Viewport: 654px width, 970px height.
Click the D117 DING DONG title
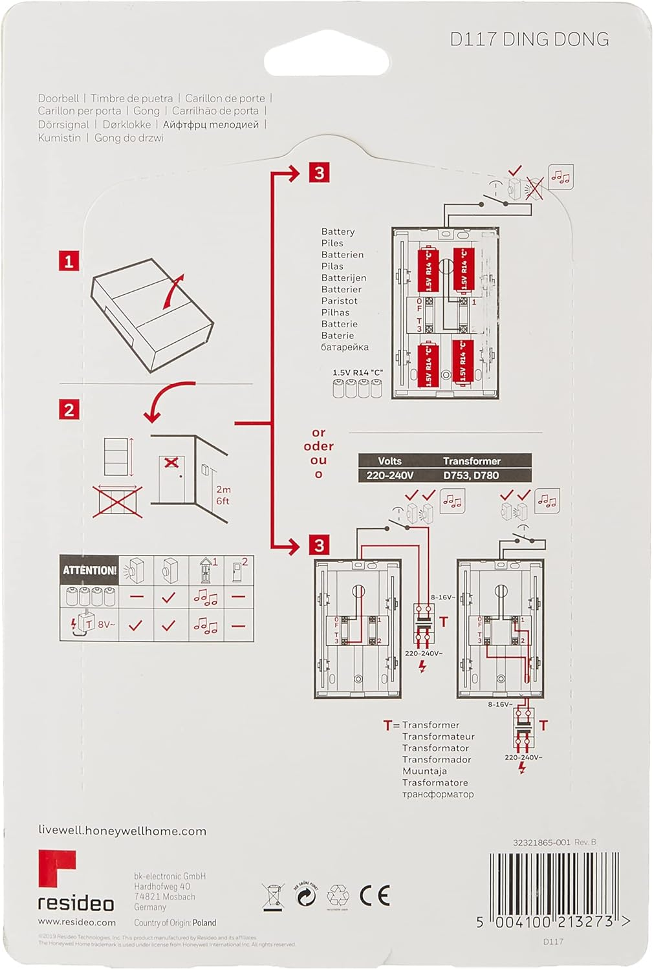pyautogui.click(x=529, y=39)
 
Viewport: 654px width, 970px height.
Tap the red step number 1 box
pyautogui.click(x=69, y=261)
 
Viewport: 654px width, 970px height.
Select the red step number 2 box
pyautogui.click(x=69, y=409)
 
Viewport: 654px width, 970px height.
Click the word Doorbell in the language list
pyautogui.click(x=58, y=98)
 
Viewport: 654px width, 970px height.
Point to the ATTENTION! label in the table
pyautogui.click(x=89, y=570)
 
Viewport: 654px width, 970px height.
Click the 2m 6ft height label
pyautogui.click(x=223, y=495)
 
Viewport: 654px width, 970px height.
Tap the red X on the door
pyautogui.click(x=171, y=463)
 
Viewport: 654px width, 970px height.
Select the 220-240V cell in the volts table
pyautogui.click(x=389, y=475)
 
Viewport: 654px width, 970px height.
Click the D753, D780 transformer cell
pyautogui.click(x=471, y=475)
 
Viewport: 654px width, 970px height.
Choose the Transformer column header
pyautogui.click(x=472, y=461)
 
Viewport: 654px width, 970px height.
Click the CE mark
pyautogui.click(x=375, y=896)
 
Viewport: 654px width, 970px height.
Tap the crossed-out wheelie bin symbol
pyautogui.click(x=273, y=896)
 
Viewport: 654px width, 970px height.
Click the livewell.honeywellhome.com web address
pyautogui.click(x=122, y=831)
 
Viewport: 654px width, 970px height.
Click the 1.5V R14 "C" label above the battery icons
pyautogui.click(x=358, y=373)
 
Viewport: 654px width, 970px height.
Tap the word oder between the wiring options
pyautogui.click(x=318, y=446)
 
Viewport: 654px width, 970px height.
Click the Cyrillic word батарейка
pyautogui.click(x=345, y=347)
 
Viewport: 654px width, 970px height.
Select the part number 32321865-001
pyautogui.click(x=541, y=842)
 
